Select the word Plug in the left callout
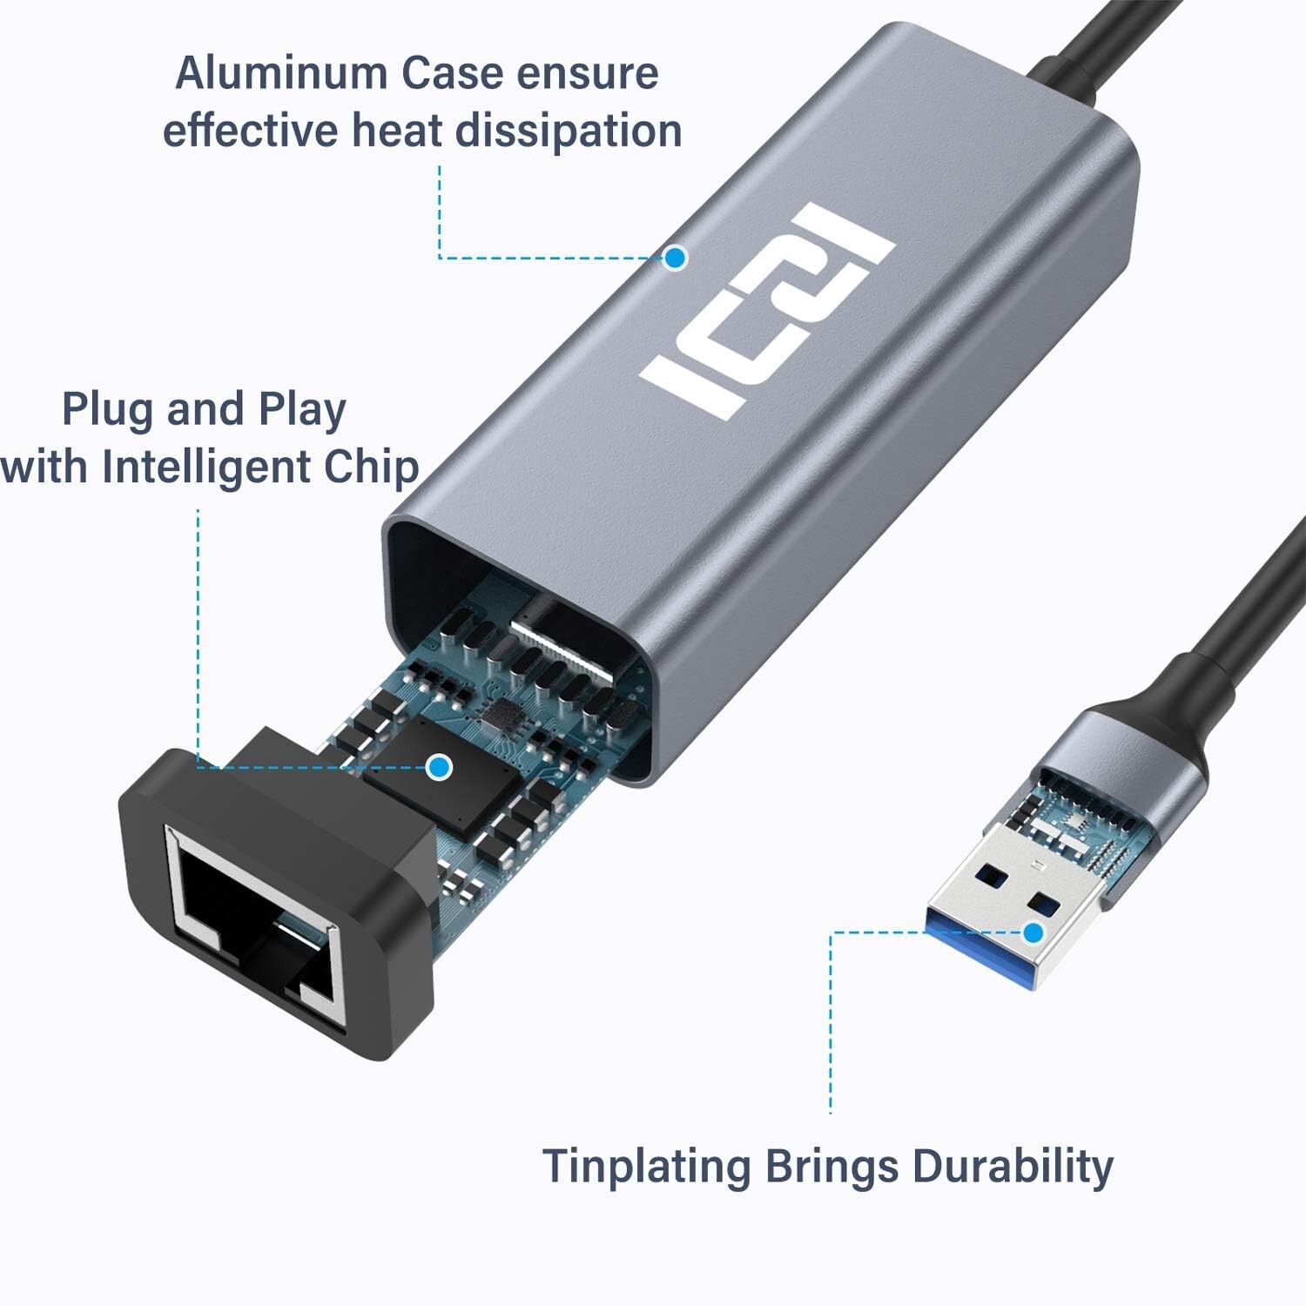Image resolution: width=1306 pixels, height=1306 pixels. click(104, 410)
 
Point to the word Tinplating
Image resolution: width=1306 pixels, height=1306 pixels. click(645, 1166)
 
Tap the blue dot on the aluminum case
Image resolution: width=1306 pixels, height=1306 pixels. click(675, 258)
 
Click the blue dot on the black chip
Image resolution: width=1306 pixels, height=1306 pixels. click(440, 767)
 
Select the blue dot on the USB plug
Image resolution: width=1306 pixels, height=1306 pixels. click(1033, 932)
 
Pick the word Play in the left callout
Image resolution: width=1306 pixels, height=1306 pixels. click(302, 410)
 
